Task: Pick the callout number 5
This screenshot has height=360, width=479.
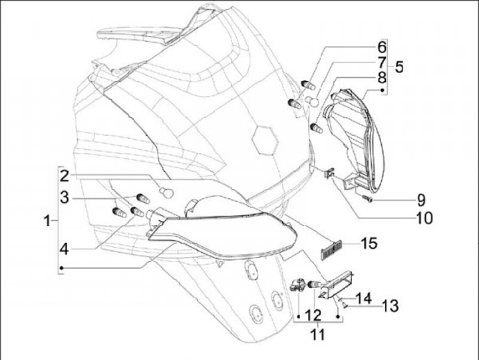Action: click(x=399, y=67)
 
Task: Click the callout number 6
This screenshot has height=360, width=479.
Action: click(x=382, y=47)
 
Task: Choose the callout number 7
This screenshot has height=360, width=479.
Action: click(x=382, y=63)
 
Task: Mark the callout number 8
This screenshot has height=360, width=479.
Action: click(x=382, y=79)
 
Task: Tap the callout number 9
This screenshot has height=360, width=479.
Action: click(x=420, y=199)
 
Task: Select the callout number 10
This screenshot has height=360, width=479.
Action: click(x=424, y=217)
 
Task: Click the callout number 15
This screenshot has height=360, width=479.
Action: click(x=369, y=244)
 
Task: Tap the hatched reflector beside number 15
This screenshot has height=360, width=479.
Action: click(x=331, y=249)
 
